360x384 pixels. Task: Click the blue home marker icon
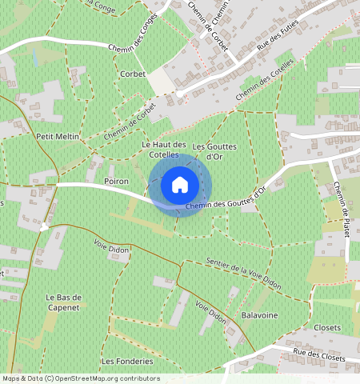coord(180,185)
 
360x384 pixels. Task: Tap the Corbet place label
coord(133,74)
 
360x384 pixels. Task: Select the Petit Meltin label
coord(58,137)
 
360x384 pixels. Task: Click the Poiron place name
coord(117,182)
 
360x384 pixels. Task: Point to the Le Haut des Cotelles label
coord(163,148)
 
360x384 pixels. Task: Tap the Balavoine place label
coord(259,316)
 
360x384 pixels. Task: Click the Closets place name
coord(327,328)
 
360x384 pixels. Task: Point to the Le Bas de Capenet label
coord(64,302)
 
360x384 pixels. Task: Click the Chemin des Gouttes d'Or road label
coord(226,202)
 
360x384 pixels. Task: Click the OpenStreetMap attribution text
coord(80,378)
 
